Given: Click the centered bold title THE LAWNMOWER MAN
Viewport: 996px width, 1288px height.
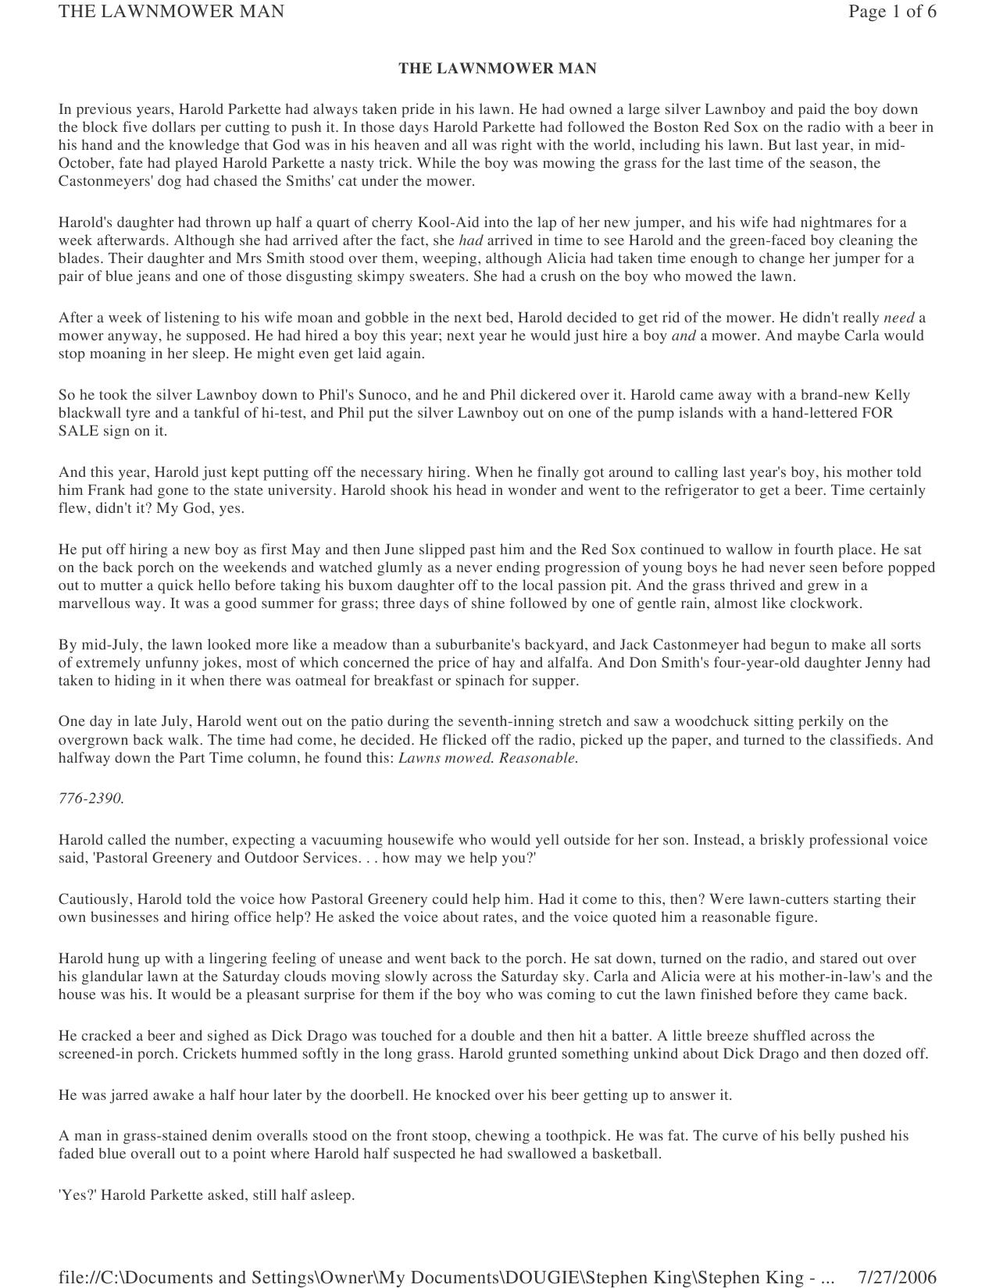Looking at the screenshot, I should click(x=498, y=69).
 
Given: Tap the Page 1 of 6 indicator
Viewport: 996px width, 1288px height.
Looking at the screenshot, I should click(x=892, y=12).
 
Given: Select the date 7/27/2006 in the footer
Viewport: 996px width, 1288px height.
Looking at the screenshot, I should click(x=897, y=1277).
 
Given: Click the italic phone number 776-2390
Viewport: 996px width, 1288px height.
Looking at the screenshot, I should click(x=91, y=799).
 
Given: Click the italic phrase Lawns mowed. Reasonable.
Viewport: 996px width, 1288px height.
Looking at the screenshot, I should click(x=488, y=758).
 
